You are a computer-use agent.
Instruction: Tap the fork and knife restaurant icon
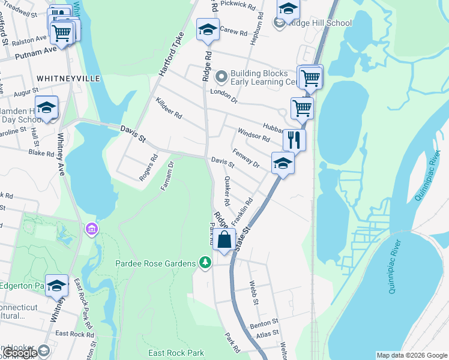pos(294,140)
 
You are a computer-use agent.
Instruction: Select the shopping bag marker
pos(224,239)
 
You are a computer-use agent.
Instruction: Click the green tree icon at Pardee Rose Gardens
pos(205,263)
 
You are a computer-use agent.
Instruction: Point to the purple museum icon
pos(91,229)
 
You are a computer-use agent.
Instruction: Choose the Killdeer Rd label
pos(168,109)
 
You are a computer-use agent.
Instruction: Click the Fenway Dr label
pos(246,158)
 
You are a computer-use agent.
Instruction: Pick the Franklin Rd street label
pos(242,211)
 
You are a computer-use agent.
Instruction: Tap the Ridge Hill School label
pos(320,23)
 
